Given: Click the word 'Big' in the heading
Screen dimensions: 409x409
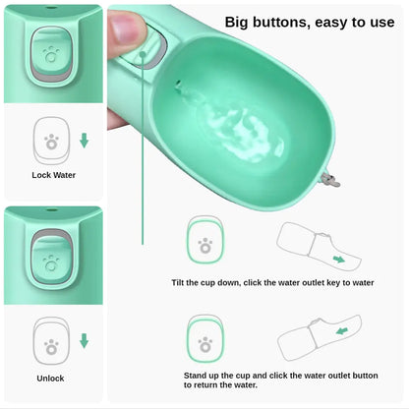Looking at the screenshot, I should [x=241, y=22].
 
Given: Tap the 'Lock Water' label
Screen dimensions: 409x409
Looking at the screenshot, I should [x=53, y=175].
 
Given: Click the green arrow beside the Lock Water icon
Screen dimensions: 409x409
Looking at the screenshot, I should [x=85, y=141].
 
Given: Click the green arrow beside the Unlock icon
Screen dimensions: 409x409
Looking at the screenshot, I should [x=85, y=341].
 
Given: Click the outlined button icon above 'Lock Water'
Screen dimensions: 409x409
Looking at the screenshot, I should [x=50, y=140].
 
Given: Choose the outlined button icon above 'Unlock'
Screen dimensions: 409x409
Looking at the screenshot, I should [x=50, y=341].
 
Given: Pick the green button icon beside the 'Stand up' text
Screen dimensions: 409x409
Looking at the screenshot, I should [x=204, y=339].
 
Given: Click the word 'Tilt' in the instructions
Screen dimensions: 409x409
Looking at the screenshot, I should [x=182, y=282].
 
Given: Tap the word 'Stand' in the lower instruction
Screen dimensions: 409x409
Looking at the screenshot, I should [x=197, y=376].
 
